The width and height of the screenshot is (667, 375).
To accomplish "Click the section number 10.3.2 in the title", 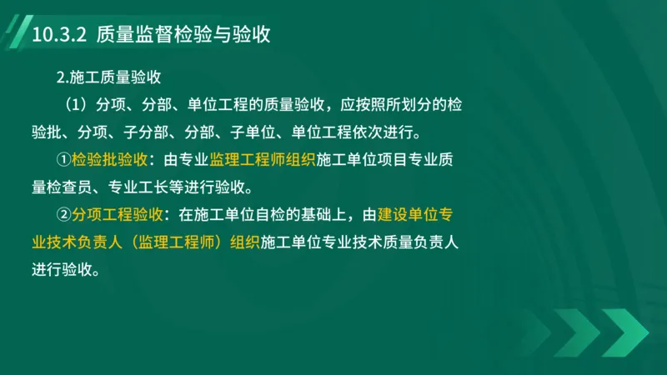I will (58, 35).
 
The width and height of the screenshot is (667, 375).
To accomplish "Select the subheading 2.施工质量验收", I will (108, 77).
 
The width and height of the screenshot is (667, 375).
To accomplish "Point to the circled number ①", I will (63, 159).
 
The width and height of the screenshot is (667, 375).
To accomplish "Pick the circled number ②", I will (63, 214).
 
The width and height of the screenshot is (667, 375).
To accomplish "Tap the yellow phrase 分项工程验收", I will (118, 214).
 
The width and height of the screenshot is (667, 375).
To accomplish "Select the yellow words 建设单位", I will (408, 214).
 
